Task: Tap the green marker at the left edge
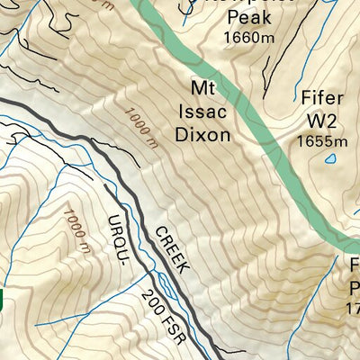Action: [x=3, y=300]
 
